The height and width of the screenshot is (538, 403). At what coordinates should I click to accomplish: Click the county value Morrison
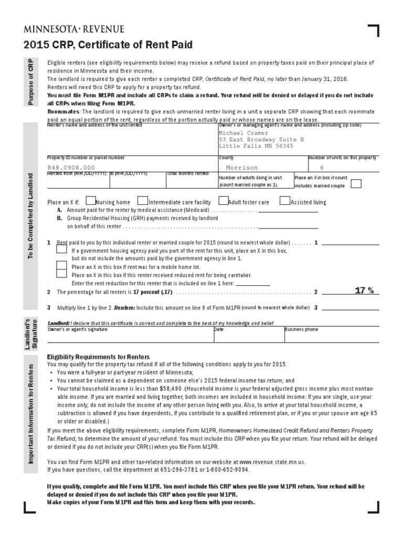point(241,167)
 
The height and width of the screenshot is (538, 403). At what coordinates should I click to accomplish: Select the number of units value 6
point(322,167)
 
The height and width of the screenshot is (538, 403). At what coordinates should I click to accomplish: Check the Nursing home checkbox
point(91,201)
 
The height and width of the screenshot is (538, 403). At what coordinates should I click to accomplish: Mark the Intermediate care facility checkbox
point(142,201)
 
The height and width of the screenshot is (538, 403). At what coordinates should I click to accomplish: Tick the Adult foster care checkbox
point(223,201)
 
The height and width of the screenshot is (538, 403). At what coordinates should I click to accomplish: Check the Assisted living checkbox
point(285,201)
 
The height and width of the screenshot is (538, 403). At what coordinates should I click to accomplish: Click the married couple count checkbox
point(356,184)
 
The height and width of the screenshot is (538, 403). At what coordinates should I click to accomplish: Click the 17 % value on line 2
point(364,291)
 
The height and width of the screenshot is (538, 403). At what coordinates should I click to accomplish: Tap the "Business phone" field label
point(301,329)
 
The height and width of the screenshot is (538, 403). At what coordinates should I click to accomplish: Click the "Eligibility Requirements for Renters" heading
point(98,356)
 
